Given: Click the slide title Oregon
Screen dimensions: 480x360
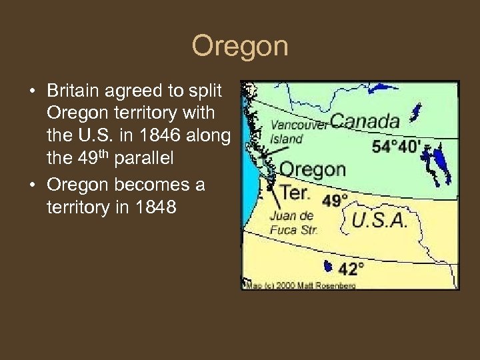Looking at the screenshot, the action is (x=240, y=47).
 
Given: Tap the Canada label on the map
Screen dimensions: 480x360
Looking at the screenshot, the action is (x=365, y=121).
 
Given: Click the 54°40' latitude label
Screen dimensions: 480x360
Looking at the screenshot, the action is (x=397, y=146).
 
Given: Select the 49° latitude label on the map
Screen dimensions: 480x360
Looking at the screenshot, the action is (x=335, y=200).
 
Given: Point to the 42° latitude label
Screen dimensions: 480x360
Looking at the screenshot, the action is (x=351, y=269).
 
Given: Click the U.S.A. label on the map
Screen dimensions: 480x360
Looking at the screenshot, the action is (x=379, y=221).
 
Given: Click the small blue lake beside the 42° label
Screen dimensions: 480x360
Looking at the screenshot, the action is (x=327, y=267).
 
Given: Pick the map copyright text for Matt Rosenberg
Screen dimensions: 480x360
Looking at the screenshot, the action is (x=300, y=285).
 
